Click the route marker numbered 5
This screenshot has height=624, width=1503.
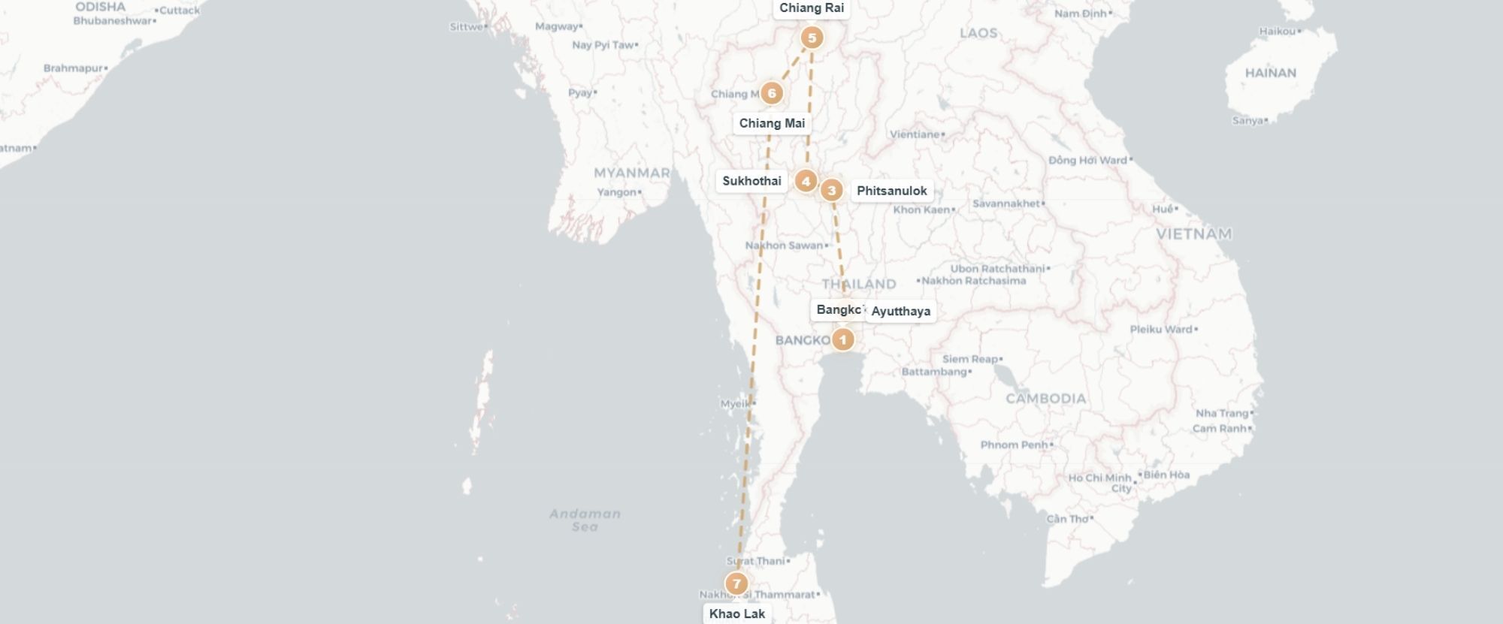tap(812, 38)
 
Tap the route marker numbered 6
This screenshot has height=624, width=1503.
tap(771, 93)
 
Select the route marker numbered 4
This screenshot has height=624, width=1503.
tap(806, 181)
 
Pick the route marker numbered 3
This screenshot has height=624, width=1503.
tap(831, 190)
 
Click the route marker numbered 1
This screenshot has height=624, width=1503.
tap(842, 339)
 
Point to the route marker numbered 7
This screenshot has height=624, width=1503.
tap(736, 583)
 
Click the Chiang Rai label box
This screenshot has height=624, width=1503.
tap(812, 8)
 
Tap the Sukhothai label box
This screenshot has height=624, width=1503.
tap(751, 181)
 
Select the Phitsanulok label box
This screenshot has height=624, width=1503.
tap(892, 191)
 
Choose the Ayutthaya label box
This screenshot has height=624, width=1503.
tap(900, 311)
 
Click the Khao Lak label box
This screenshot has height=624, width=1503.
tap(736, 613)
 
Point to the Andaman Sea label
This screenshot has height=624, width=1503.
tap(585, 520)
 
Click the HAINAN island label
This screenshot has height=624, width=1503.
tap(1270, 73)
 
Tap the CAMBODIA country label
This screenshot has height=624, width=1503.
tap(1045, 399)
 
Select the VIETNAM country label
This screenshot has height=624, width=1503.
tap(1193, 234)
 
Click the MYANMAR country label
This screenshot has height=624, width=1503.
tap(631, 173)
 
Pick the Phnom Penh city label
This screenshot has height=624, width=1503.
tap(1014, 445)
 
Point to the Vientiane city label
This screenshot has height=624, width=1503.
tap(915, 134)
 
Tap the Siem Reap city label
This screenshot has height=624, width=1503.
tap(970, 359)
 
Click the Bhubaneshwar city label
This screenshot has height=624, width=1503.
tap(113, 21)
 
